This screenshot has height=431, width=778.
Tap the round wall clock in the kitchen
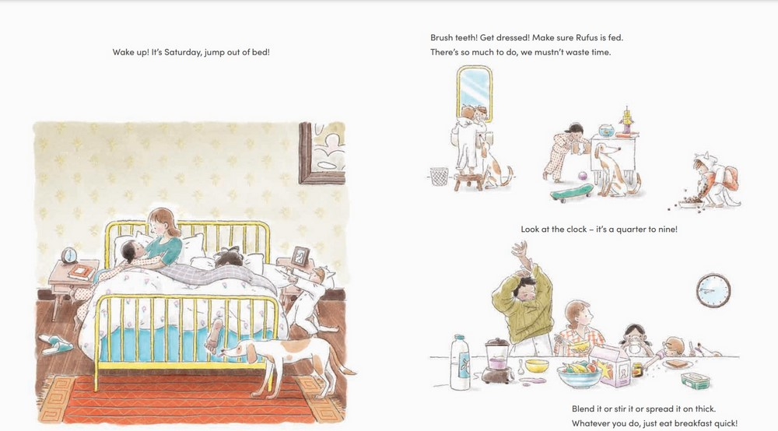pyautogui.click(x=713, y=290)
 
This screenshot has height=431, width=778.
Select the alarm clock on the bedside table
pyautogui.click(x=69, y=255)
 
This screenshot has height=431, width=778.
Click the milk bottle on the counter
pyautogui.click(x=460, y=362)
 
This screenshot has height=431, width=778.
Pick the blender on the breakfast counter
pyautogui.click(x=496, y=360)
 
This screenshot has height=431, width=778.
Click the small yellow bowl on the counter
pyautogui.click(x=537, y=366)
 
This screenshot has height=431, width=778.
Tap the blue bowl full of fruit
pyautogui.click(x=580, y=375)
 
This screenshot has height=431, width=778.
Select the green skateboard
pyautogui.click(x=572, y=192)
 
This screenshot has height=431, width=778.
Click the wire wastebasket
pyautogui.click(x=439, y=177)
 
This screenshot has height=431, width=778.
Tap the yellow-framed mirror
pyautogui.click(x=475, y=93)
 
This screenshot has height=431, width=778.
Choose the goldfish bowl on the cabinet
pyautogui.click(x=606, y=131)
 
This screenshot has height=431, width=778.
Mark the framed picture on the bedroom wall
pyautogui.click(x=322, y=153)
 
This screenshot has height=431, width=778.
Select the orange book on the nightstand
pyautogui.click(x=79, y=272)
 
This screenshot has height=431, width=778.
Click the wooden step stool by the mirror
pyautogui.click(x=469, y=180)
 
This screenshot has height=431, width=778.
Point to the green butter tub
pyautogui.click(x=695, y=381)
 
